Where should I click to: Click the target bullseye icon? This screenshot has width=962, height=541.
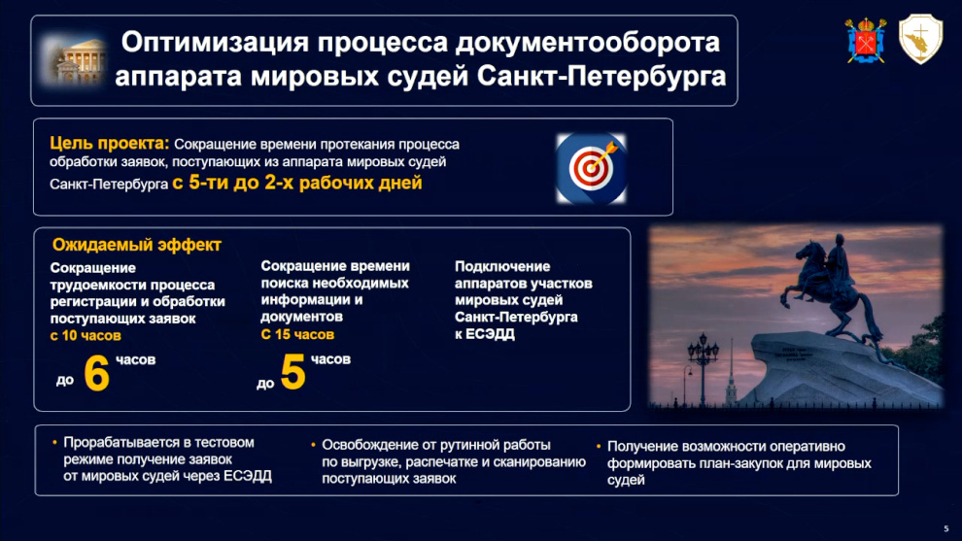(591, 168)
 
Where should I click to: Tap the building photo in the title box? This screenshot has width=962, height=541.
(74, 61)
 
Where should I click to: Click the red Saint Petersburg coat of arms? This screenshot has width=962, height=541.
(866, 41)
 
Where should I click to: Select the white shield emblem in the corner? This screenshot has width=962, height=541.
(920, 39)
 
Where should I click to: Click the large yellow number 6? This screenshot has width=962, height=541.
(96, 373)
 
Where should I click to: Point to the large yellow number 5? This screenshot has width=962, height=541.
(292, 372)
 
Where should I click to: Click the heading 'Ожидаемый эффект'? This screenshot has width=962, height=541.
(136, 245)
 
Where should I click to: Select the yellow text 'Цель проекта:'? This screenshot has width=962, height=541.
(109, 144)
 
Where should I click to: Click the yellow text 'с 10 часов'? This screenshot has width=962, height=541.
(86, 335)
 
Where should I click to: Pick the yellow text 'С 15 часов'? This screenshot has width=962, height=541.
(297, 334)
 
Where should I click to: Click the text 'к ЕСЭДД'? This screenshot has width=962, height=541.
(485, 334)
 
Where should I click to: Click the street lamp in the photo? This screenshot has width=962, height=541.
(703, 369)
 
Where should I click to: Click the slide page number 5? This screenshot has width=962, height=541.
(946, 528)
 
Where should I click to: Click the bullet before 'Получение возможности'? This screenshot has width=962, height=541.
(599, 446)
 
